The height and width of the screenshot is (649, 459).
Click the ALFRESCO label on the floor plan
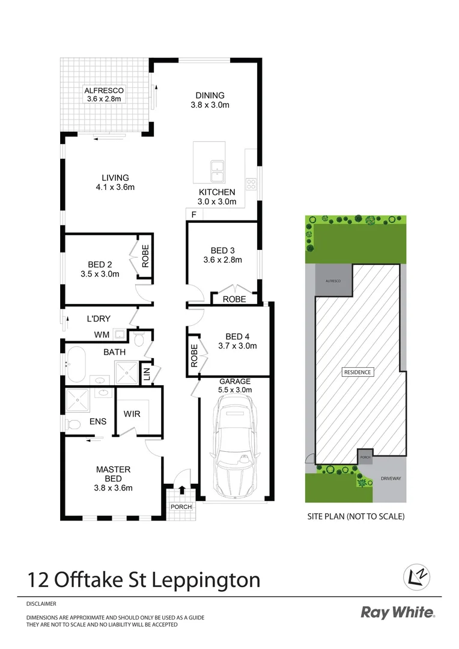105,90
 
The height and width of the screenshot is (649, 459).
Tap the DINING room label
210,95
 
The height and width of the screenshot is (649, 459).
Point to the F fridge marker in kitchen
193,215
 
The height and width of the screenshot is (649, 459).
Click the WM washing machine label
101,334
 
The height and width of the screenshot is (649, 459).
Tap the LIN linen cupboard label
146,374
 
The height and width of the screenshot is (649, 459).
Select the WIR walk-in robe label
132,414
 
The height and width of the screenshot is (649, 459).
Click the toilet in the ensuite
74,424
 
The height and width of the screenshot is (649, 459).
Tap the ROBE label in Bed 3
234,299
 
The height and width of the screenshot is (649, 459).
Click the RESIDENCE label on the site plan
357,372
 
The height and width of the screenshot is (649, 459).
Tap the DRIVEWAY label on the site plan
391,479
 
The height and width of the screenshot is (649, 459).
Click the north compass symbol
416,576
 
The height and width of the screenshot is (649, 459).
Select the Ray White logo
398,612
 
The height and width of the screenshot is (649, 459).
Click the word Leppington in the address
208,580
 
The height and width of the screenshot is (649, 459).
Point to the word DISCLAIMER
41,603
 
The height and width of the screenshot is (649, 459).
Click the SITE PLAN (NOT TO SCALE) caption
356,516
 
